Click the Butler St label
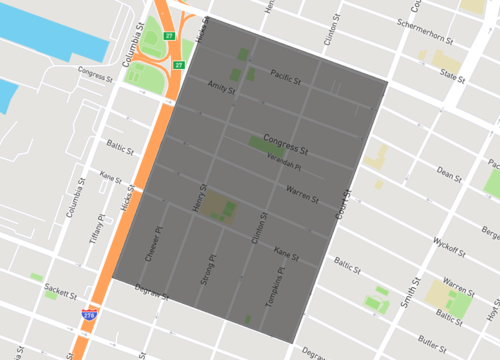tap(433, 347)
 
